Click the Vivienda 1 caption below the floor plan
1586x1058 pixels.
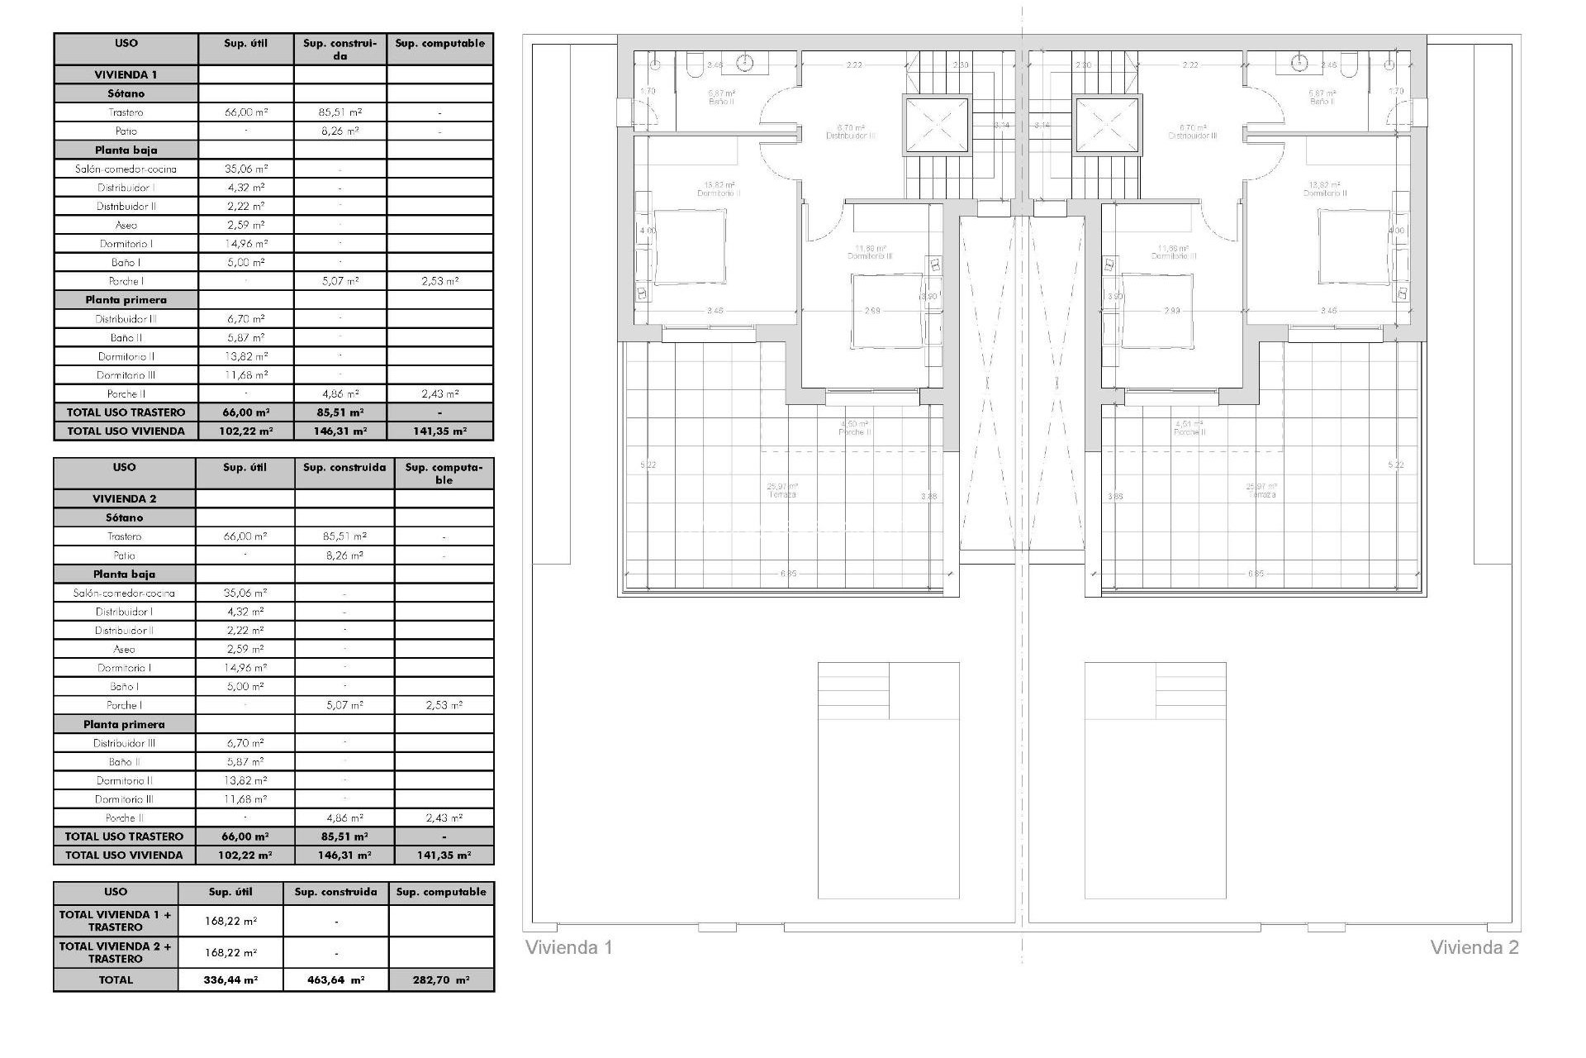click(569, 947)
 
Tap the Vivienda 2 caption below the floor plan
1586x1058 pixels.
click(1474, 947)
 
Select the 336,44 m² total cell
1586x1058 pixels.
click(230, 979)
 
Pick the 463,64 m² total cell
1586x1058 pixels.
click(335, 979)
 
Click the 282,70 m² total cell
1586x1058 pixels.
click(441, 979)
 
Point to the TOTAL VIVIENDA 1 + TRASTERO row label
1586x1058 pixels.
click(116, 921)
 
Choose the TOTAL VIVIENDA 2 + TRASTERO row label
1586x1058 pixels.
click(116, 952)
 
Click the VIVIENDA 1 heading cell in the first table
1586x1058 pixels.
click(126, 74)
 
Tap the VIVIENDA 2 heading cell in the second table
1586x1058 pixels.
click(124, 498)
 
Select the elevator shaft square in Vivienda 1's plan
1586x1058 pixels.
click(935, 125)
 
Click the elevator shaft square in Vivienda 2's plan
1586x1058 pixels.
click(1108, 125)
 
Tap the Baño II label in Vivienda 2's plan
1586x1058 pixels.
click(1322, 98)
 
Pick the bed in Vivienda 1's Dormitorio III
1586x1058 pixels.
click(886, 308)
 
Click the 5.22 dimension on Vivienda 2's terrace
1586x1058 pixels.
click(1396, 465)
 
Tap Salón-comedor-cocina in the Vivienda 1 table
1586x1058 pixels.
click(126, 169)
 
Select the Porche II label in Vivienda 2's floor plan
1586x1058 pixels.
click(1189, 429)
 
